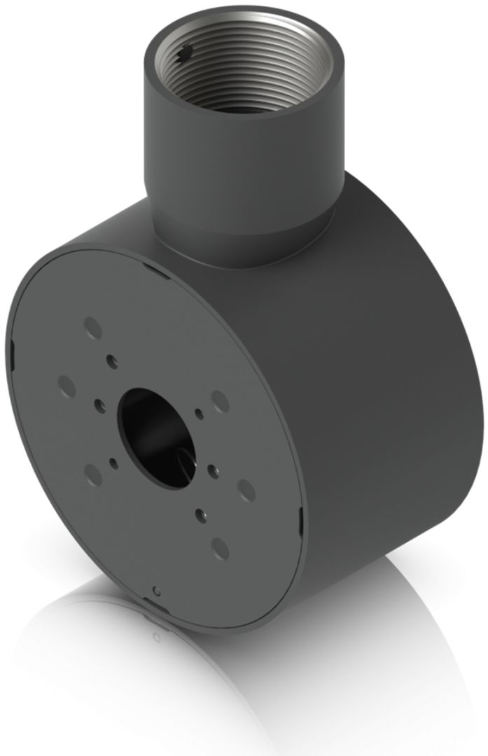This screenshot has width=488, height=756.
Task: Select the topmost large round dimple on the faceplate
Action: tap(92, 326)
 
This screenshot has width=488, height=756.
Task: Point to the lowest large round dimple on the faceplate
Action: tap(219, 548)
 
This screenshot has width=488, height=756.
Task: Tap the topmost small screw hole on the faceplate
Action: tap(111, 359)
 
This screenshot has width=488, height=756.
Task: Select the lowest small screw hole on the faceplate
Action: tap(200, 512)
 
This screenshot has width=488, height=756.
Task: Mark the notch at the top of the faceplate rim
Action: tap(151, 265)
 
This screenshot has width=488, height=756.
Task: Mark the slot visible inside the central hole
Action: tap(183, 458)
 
